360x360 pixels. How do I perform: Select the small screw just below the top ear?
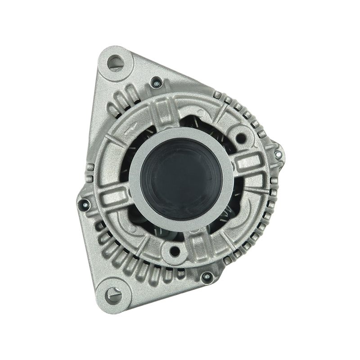[155, 82]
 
